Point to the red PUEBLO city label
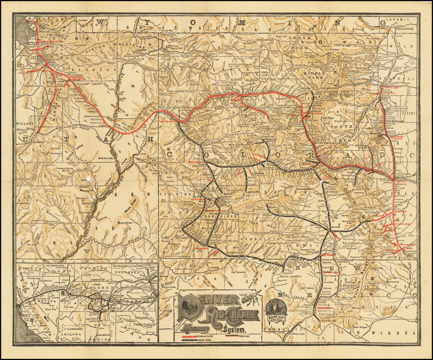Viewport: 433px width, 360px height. [x=400, y=181]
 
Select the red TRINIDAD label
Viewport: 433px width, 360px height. [x=393, y=250]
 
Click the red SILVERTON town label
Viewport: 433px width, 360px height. [x=211, y=210]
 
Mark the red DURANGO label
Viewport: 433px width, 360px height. [x=202, y=249]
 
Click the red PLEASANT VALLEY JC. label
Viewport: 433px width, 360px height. [x=74, y=78]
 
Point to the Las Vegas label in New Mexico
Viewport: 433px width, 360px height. [x=360, y=327]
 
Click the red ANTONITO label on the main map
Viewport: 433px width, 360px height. [x=328, y=256]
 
